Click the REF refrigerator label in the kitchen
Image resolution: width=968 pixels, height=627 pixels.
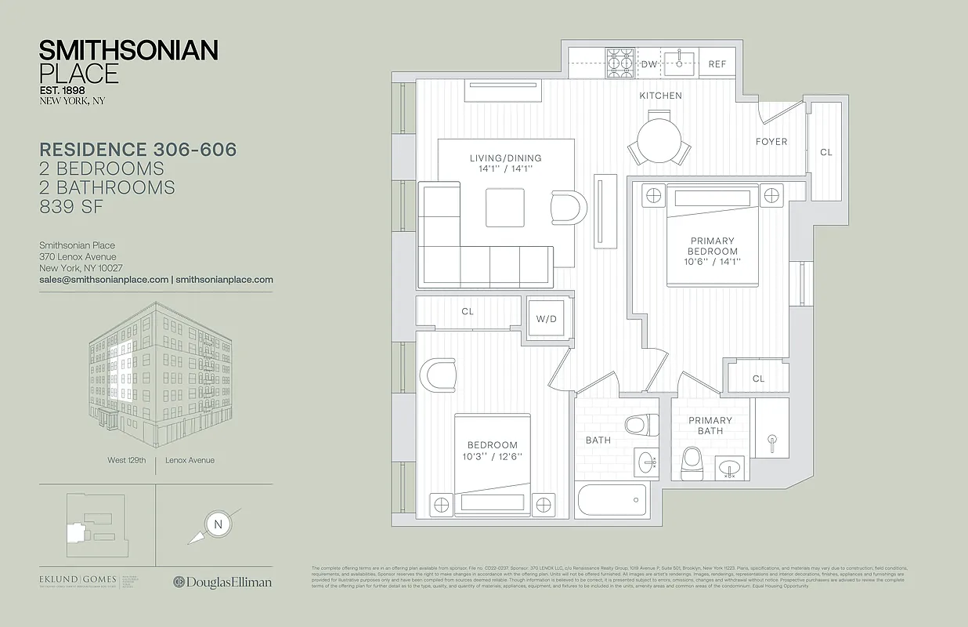(717, 64)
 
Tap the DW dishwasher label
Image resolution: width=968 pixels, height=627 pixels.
(648, 64)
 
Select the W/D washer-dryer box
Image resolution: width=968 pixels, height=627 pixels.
(545, 319)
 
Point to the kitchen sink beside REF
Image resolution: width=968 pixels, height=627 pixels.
(680, 61)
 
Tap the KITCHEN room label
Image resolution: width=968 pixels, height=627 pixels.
(660, 96)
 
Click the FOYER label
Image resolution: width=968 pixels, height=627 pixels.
(771, 142)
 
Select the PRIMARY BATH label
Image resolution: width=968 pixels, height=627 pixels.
(710, 426)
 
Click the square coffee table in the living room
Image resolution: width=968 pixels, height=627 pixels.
(504, 208)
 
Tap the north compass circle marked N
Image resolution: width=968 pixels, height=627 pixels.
(218, 524)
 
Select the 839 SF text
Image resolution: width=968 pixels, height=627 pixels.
(71, 207)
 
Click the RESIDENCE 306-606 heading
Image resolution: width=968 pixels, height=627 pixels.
(138, 149)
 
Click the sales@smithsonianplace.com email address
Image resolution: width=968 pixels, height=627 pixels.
(104, 279)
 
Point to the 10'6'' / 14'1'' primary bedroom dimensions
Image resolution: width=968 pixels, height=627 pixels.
(713, 262)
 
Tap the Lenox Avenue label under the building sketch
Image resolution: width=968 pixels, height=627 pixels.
(190, 460)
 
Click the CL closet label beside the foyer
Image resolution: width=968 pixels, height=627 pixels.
(826, 152)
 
